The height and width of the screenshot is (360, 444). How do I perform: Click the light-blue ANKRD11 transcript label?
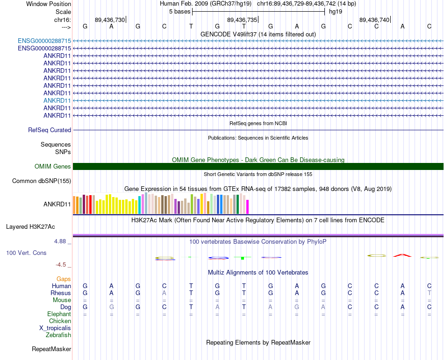57,100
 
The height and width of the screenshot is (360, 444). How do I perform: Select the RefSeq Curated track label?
50,130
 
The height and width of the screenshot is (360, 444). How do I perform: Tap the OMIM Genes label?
53,167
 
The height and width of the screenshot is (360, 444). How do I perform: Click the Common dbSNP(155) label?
42,181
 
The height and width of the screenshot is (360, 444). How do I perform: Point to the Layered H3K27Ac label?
30,227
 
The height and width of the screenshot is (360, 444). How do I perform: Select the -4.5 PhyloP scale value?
62,265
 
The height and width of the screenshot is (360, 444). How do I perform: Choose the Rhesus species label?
61,293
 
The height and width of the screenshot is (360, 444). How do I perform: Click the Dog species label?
66,307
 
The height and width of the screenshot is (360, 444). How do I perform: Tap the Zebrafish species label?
58,335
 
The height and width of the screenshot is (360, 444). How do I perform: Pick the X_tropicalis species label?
55,328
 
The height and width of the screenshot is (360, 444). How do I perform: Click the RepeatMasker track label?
51,349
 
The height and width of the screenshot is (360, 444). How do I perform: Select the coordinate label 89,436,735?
242,20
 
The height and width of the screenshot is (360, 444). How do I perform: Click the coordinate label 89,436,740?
374,20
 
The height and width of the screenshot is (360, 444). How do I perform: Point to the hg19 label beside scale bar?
336,12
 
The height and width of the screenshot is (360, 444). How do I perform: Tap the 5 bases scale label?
179,12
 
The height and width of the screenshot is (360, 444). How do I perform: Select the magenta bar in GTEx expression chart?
248,206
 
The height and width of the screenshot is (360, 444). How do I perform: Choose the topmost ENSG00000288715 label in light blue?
44,41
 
